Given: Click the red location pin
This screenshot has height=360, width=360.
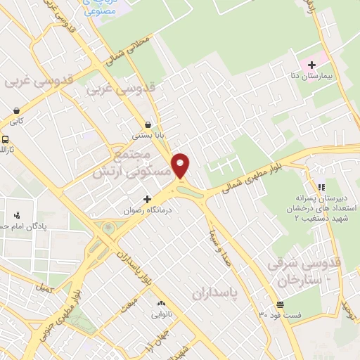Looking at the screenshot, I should click(181, 165).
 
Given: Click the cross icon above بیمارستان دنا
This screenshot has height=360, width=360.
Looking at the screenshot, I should click(311, 65).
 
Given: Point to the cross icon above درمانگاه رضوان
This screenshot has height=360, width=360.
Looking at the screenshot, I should click(148, 199).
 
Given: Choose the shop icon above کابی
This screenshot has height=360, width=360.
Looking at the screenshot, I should click(16, 110).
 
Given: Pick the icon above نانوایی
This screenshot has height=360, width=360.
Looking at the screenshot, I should click(160, 303).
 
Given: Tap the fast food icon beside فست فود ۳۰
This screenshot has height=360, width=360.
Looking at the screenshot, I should click(280, 304).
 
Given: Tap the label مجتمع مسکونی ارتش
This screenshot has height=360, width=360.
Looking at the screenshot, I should click(129, 162).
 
